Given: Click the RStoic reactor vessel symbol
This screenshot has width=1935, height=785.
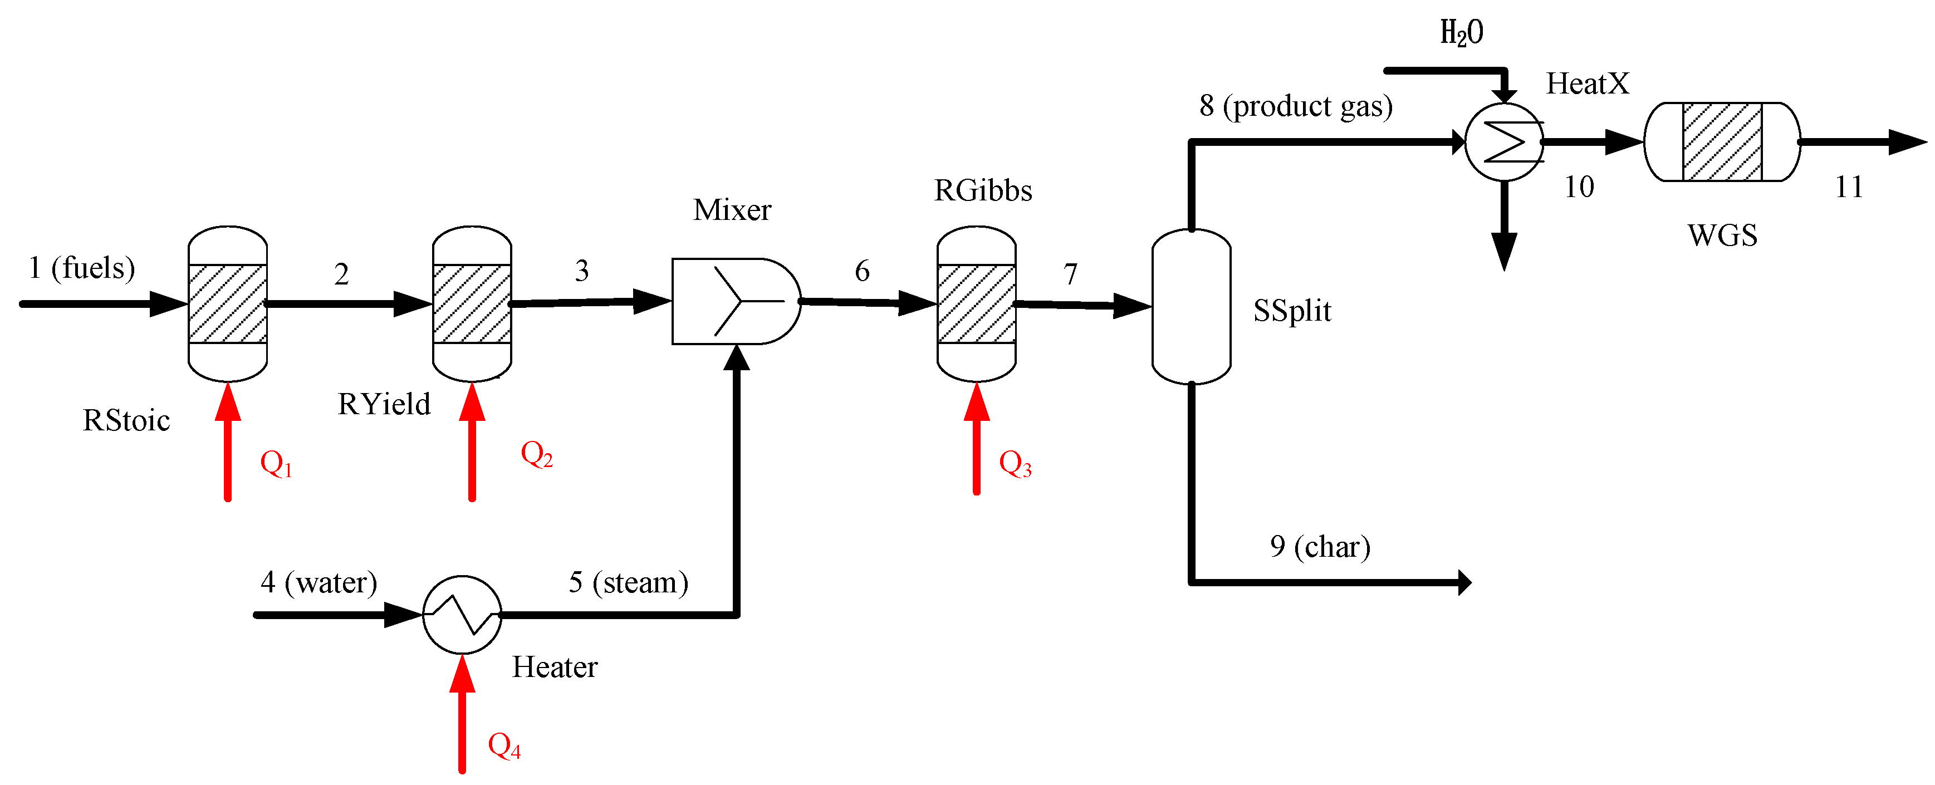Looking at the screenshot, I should coord(228,303).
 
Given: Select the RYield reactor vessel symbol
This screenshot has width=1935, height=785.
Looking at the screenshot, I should coord(472,303).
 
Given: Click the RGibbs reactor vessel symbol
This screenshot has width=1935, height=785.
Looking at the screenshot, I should coord(977,303).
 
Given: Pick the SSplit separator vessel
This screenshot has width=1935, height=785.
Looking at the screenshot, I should coord(1191,307).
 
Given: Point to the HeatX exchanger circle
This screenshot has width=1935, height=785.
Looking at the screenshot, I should coord(1504,142).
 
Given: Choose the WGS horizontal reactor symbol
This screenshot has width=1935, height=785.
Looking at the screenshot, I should coord(1722,142).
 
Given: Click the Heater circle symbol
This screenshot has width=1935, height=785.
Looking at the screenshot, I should coord(462,615).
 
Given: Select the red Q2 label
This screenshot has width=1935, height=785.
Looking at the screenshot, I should coord(536,454).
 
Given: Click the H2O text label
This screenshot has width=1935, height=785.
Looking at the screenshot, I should coord(1461,33).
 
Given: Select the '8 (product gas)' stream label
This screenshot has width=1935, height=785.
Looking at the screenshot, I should coord(1296,106).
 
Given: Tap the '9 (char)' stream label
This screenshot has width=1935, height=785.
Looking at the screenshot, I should coord(1320,546).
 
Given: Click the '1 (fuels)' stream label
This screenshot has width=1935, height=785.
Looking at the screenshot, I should coord(82,267).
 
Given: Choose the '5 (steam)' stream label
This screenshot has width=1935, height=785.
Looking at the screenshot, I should coord(628,582).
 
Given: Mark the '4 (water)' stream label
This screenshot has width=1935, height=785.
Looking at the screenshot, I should coord(319,582).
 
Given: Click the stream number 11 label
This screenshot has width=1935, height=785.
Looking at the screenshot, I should coord(1849,187).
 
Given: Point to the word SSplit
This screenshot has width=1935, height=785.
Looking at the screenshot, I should coord(1292,310).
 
